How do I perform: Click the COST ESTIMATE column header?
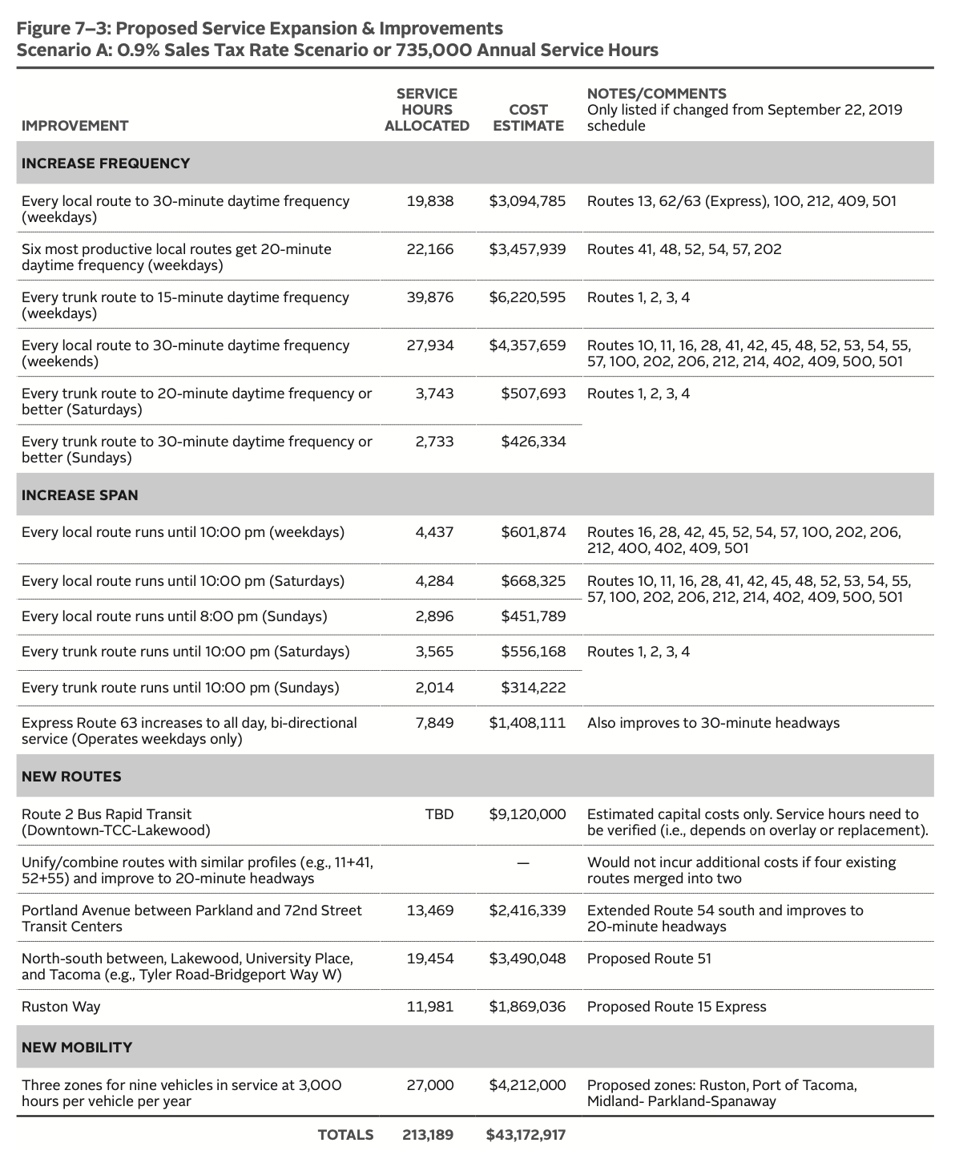tap(528, 117)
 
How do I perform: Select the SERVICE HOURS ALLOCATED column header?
tap(426, 110)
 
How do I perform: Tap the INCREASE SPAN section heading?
tap(80, 495)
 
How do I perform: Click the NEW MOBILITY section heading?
tap(77, 1047)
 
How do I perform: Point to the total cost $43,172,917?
tap(526, 1134)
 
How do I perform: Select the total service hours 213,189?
tap(427, 1134)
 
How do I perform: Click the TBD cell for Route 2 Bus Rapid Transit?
tap(439, 814)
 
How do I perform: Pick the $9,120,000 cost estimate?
tap(527, 814)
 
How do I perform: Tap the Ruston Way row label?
tap(61, 1006)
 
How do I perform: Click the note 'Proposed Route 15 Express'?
tap(676, 1006)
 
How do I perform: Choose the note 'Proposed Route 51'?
tap(649, 958)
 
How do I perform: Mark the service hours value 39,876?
tap(429, 297)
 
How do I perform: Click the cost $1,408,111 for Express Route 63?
tap(527, 722)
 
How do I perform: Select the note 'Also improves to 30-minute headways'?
tap(713, 722)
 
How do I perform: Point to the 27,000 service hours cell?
tap(429, 1084)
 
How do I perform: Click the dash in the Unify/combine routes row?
tap(523, 862)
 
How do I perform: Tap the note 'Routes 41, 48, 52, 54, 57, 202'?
tap(684, 248)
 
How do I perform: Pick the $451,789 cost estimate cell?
tap(533, 616)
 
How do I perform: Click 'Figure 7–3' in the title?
tap(62, 29)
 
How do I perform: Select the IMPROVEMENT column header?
tap(75, 125)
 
